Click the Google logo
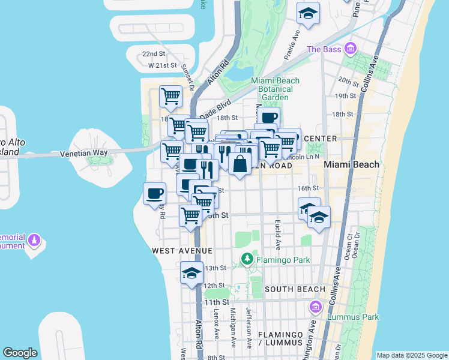click(20, 353)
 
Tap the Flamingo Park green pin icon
click(247, 260)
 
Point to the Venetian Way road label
click(83, 153)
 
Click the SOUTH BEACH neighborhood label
click(295, 289)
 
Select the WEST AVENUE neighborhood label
click(182, 250)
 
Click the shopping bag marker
click(240, 163)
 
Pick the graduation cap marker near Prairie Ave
click(308, 13)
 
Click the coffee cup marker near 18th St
click(268, 117)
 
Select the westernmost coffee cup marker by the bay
click(154, 193)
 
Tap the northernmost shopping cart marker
click(170, 95)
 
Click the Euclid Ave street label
click(278, 234)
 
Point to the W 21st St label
click(163, 65)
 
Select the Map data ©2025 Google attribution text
click(412, 355)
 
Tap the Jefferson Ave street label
click(249, 328)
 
